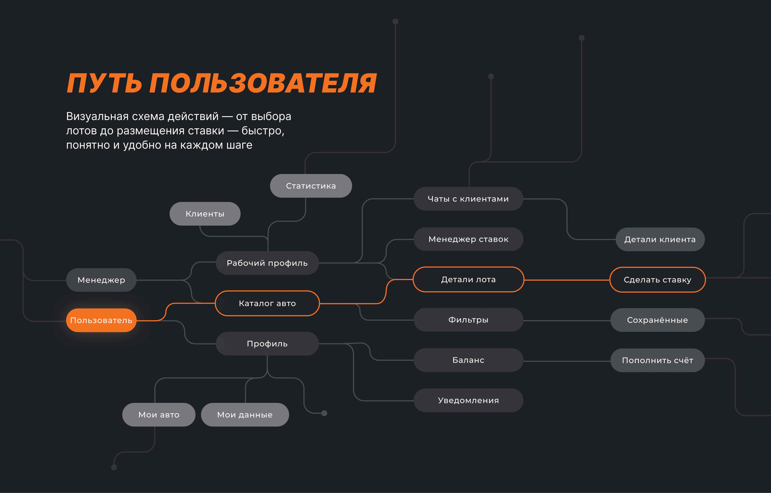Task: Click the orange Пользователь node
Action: coord(101,320)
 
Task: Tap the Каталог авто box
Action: coord(267,303)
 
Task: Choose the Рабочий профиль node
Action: coord(267,263)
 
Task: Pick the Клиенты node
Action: coord(205,213)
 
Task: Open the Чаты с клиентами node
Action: coord(468,199)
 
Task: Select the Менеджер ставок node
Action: coord(468,239)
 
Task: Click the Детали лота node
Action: coord(468,280)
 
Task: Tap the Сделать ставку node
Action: coord(657,280)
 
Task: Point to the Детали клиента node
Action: coord(660,240)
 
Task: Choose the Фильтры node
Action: coord(468,320)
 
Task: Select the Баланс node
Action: coord(468,360)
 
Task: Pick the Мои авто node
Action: coord(159,415)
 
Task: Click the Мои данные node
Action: coord(245,415)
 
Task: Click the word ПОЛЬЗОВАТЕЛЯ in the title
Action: coord(263,83)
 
